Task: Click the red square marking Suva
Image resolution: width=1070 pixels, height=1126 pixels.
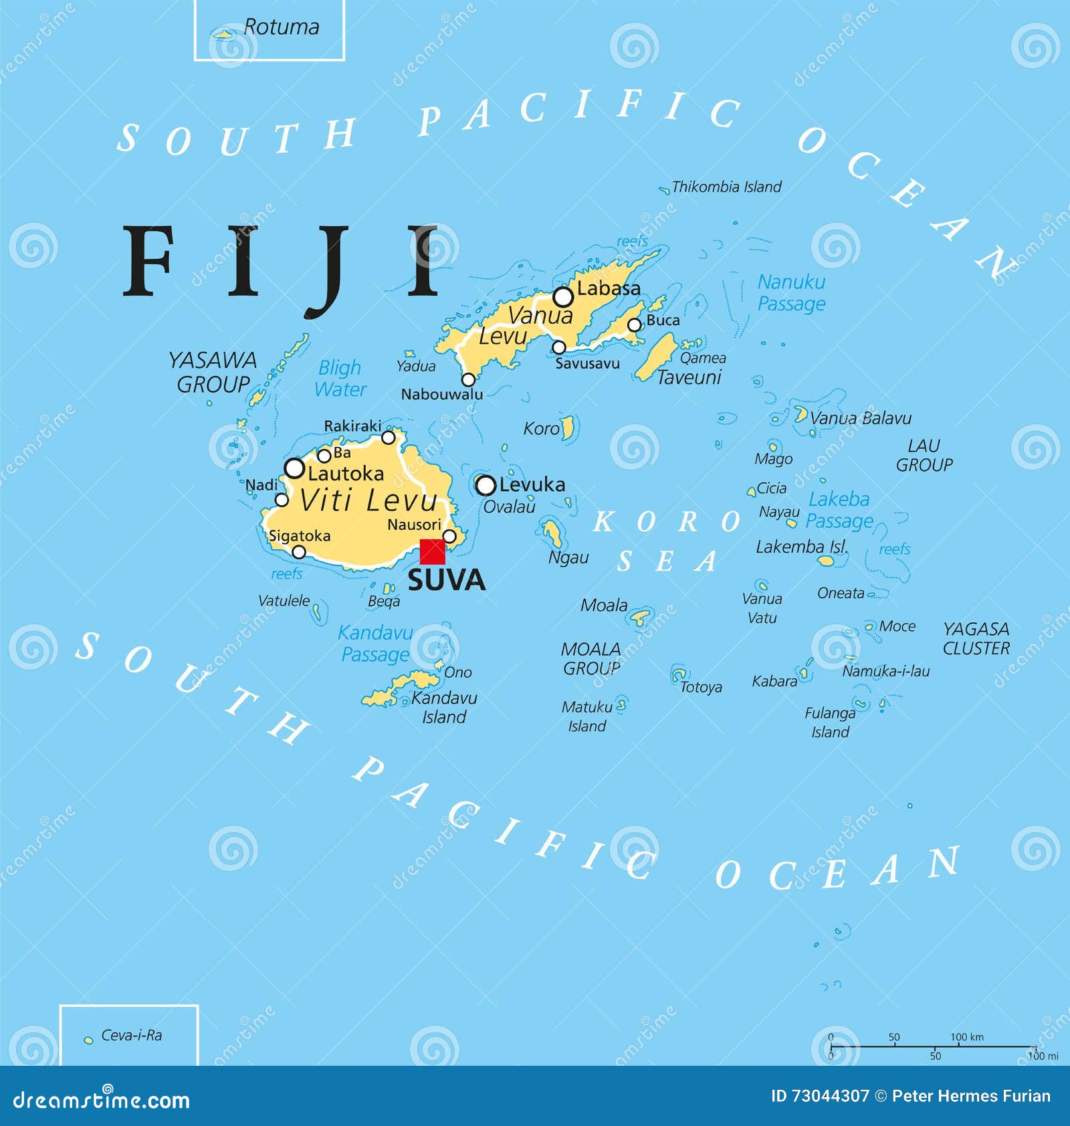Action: coord(432,552)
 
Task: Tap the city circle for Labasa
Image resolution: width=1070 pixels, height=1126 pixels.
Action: coord(563,296)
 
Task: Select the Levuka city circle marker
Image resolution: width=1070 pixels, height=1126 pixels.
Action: coord(486,485)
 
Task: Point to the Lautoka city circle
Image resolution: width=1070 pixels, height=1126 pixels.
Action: coord(294,468)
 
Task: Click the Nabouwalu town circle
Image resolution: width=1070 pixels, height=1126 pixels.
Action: coord(469,379)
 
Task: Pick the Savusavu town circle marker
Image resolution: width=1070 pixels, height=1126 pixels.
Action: coord(559,347)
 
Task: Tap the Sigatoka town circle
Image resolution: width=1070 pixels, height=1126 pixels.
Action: coord(299,552)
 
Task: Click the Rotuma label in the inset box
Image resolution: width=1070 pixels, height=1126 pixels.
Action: coord(281,27)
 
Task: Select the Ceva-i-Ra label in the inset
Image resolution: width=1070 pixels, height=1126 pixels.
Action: coord(131,1035)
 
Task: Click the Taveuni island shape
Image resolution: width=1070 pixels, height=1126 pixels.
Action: coord(656,357)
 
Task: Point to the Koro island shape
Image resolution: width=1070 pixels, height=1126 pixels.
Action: coord(567,428)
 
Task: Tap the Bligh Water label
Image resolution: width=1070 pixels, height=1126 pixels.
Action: coord(340,378)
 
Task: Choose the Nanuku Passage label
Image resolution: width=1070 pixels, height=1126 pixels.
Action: coord(791,292)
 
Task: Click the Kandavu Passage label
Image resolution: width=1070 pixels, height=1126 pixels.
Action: coord(375,643)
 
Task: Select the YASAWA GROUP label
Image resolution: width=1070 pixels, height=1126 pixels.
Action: coord(213,372)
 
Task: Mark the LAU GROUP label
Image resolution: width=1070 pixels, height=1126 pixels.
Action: coord(924,455)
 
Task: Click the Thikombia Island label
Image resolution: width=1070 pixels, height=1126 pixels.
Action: coord(726,187)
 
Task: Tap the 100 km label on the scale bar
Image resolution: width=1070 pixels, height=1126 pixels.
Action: coord(966,1037)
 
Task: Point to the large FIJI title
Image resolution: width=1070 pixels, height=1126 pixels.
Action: coord(281,264)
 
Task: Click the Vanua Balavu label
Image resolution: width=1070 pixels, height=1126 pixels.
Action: coord(860,418)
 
